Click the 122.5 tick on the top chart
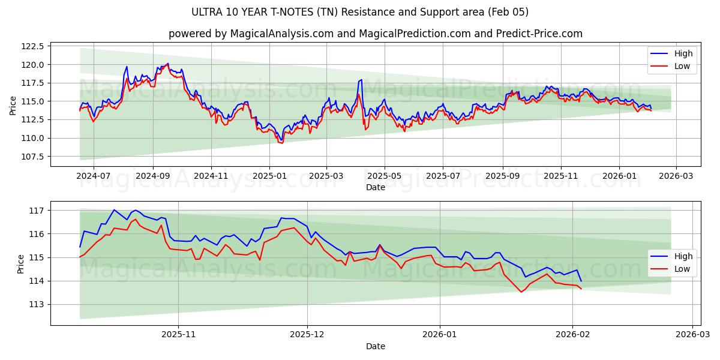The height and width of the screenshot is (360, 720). coord(33,46)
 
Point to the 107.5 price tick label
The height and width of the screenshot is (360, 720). coord(33,157)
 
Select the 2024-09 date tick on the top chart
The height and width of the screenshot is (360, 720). coord(152,176)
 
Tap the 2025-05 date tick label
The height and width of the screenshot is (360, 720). coord(384,176)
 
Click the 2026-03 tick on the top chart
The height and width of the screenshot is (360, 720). coord(676,176)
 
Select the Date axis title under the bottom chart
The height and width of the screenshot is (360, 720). coord(376,346)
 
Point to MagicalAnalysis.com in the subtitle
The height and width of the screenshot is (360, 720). coord(281,34)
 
